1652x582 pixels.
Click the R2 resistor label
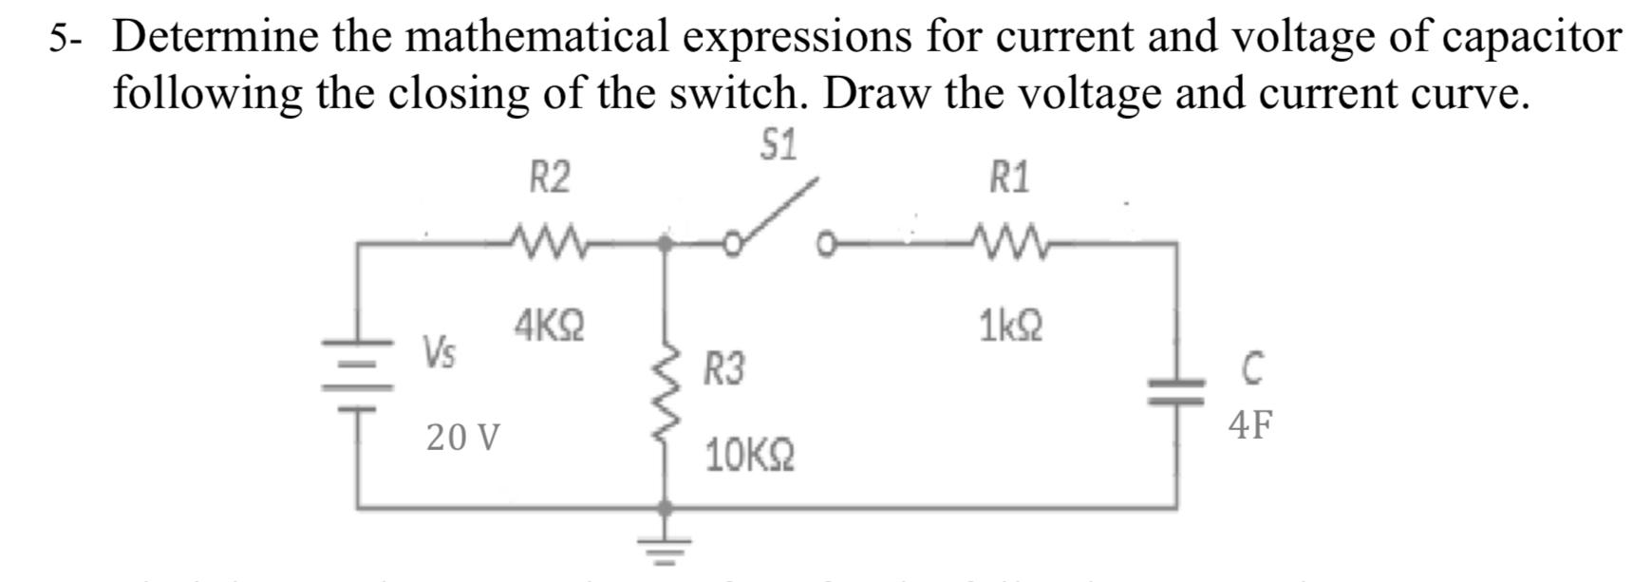(550, 178)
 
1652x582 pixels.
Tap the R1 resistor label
(1009, 178)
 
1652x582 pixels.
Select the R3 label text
(724, 368)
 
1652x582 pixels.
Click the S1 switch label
(779, 145)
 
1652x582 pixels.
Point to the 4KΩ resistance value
(549, 327)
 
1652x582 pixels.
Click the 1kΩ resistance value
(1010, 327)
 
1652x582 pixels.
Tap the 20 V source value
(462, 438)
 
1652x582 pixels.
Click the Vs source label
(439, 353)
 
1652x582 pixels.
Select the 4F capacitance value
(1249, 425)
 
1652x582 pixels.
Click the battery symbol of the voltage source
(358, 375)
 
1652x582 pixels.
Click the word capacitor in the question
(1530, 36)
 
